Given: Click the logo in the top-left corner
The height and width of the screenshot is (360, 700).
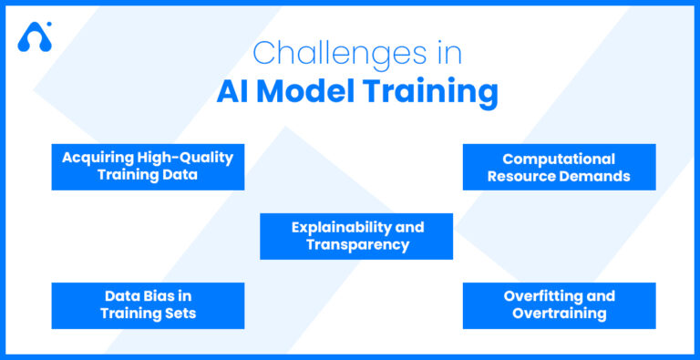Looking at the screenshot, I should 35,36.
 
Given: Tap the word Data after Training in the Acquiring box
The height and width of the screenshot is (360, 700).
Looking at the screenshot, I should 180,174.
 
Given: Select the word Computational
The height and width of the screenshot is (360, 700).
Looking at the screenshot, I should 559,159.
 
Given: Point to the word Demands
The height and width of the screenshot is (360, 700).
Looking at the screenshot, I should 596,176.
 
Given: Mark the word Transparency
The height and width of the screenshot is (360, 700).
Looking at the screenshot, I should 357,244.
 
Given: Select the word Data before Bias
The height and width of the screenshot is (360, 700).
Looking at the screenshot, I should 123,296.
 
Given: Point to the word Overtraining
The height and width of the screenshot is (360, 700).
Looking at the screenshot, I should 559,314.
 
